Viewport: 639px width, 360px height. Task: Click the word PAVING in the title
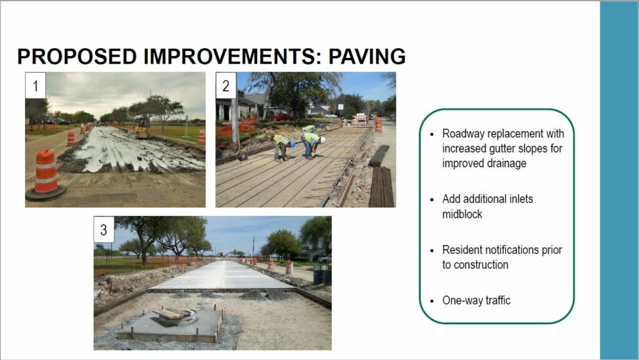367,56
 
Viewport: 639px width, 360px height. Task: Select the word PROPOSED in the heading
77,56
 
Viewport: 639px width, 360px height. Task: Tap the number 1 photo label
36,85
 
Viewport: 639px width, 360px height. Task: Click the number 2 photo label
226,85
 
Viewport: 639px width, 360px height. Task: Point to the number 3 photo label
104,229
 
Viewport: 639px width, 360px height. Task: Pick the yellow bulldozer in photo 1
142,127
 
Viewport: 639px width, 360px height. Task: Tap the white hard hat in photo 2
323,140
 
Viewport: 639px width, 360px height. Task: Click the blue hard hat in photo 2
292,144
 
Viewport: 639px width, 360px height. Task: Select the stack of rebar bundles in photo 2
381,178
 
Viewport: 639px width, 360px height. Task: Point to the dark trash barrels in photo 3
322,274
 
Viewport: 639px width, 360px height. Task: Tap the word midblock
462,214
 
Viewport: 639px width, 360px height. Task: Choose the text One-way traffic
476,301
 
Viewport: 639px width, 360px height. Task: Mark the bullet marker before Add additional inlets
432,200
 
